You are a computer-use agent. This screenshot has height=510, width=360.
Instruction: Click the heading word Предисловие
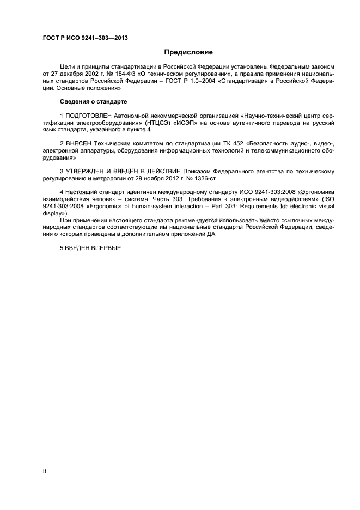pos(188,52)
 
